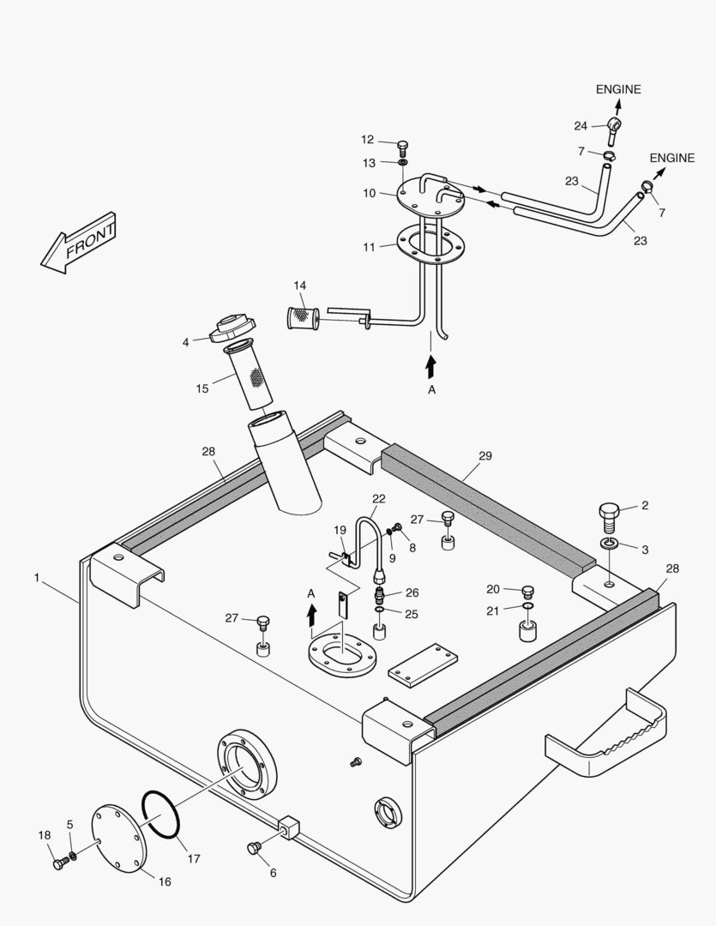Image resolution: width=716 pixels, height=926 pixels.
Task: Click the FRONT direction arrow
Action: pos(78,244)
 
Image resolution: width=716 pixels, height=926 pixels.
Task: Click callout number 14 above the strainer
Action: pos(299,286)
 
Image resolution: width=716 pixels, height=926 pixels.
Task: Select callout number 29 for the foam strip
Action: pos(485,456)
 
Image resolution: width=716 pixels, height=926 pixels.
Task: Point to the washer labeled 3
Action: pos(609,545)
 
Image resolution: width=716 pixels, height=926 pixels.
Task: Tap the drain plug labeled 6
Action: pos(253,848)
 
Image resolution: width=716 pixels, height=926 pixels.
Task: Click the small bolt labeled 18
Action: pos(58,863)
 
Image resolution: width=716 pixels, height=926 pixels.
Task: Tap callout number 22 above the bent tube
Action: pos(379,499)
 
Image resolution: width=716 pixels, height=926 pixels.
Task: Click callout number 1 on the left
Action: pos(37,579)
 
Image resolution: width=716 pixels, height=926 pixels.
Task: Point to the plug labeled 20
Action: pos(527,591)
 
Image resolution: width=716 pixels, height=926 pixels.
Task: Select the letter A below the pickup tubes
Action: pos(431,390)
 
